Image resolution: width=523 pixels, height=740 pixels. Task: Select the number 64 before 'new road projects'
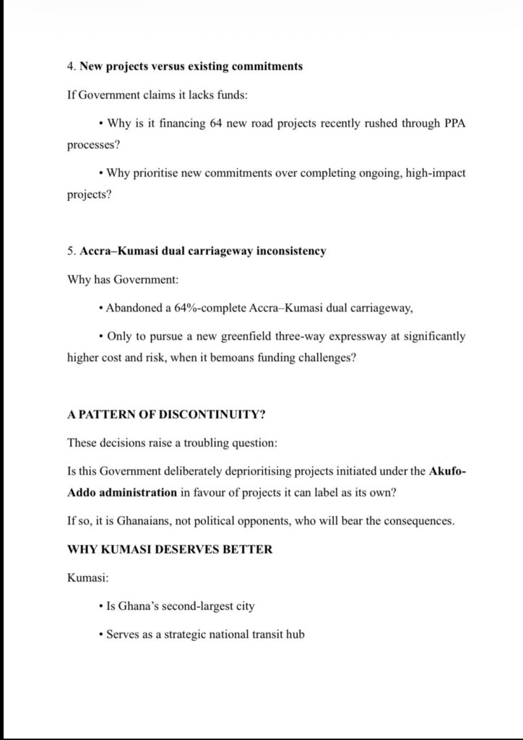[216, 124]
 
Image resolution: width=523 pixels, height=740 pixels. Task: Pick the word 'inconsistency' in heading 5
[291, 251]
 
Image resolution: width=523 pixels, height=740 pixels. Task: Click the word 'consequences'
[420, 521]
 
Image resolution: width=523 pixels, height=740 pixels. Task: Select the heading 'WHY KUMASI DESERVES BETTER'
[170, 549]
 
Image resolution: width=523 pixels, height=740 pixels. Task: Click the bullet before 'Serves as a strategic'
[100, 635]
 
